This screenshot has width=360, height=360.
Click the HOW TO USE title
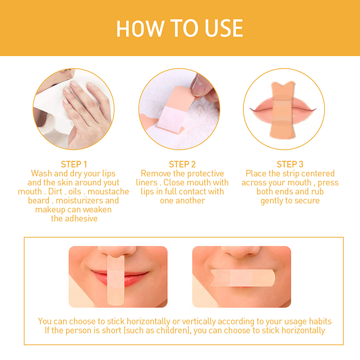coord(180,28)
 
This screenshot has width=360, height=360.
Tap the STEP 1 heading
coord(74,164)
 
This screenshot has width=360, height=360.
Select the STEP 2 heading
coord(182,164)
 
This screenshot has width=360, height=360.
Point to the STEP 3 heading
coord(290,164)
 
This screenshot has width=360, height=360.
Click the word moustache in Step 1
coord(108,192)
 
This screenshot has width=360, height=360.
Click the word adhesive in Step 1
coord(81,219)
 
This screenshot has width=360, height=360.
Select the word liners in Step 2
coord(147,183)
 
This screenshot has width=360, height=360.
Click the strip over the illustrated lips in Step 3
coord(283,110)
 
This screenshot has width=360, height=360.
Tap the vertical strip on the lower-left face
coord(116,280)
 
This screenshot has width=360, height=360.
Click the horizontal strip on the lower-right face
coord(243,278)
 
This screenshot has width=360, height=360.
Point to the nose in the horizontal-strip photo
coord(241,252)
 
